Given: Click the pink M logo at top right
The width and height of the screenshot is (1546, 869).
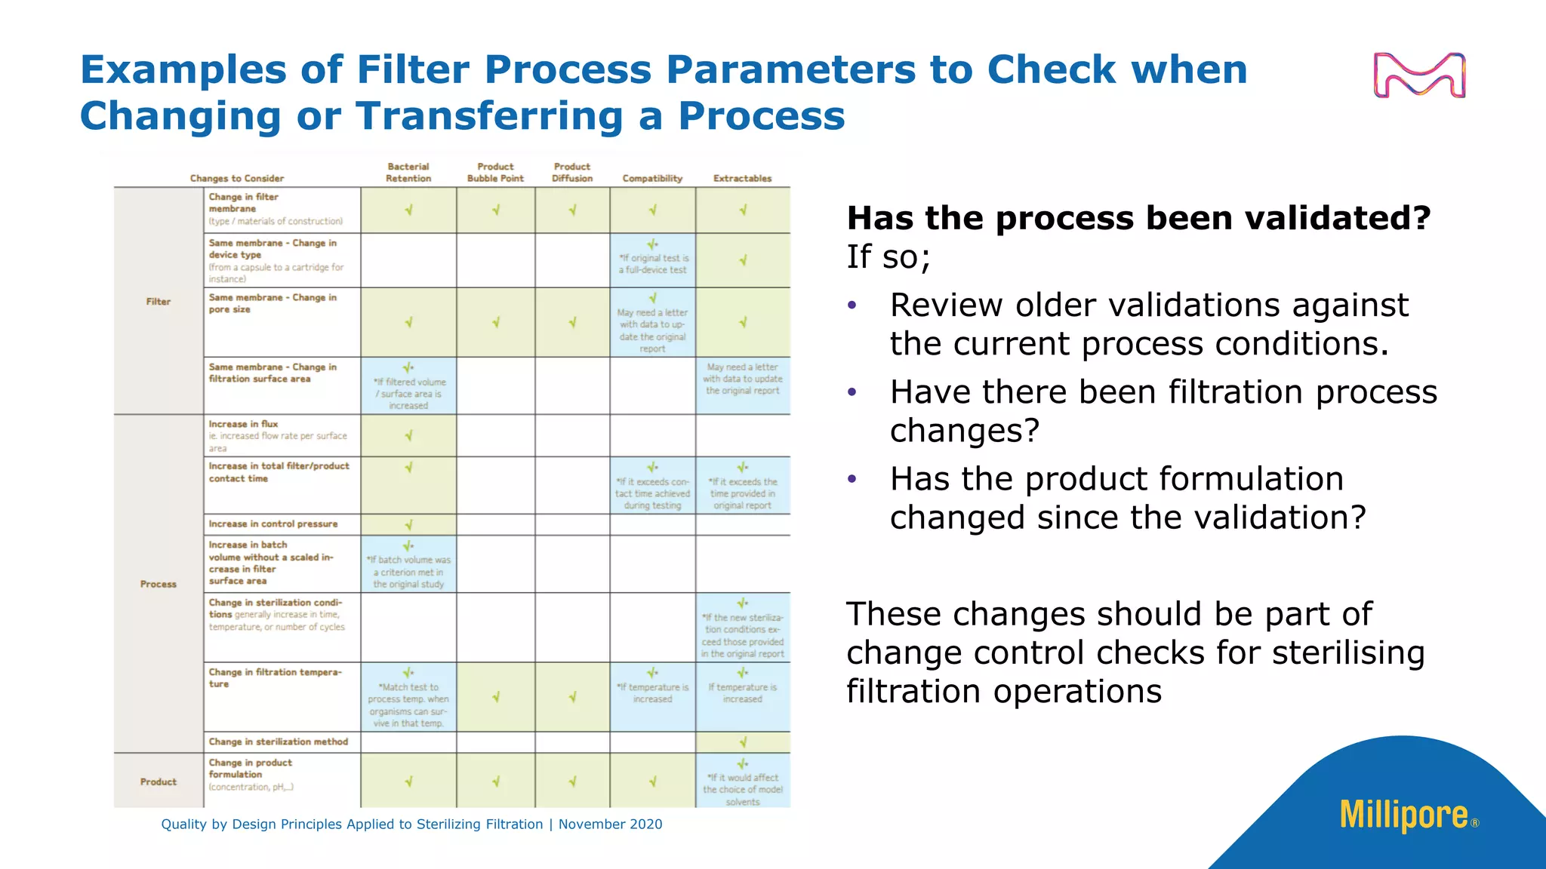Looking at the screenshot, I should point(1419,75).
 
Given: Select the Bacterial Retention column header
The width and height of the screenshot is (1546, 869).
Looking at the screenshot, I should point(408,173).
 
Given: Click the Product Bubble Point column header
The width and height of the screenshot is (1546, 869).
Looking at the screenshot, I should point(495,173).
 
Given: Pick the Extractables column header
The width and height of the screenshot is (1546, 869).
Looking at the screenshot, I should point(742,179).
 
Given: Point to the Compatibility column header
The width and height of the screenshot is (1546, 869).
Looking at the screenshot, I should point(652,179).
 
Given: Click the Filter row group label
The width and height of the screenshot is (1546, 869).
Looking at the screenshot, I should point(159,302).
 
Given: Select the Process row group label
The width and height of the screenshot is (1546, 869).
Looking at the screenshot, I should point(159,584).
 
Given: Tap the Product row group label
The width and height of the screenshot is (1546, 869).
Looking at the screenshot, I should point(159,781).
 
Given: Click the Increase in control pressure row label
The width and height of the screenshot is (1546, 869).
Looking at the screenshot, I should point(273,524).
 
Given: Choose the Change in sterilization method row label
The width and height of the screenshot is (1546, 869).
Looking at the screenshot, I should point(279,742).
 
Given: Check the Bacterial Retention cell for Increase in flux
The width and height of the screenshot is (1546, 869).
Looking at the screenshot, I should point(408,436).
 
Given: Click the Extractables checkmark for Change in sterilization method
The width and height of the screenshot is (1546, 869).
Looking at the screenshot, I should point(743,742).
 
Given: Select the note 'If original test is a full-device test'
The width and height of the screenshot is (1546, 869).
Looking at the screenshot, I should point(653,263).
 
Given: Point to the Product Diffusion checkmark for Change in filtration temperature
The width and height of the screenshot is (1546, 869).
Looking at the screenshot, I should point(572,697).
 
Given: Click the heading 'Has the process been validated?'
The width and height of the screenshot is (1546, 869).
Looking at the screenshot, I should point(1138,218).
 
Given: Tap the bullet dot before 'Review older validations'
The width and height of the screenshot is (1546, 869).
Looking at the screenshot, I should point(852,306).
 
